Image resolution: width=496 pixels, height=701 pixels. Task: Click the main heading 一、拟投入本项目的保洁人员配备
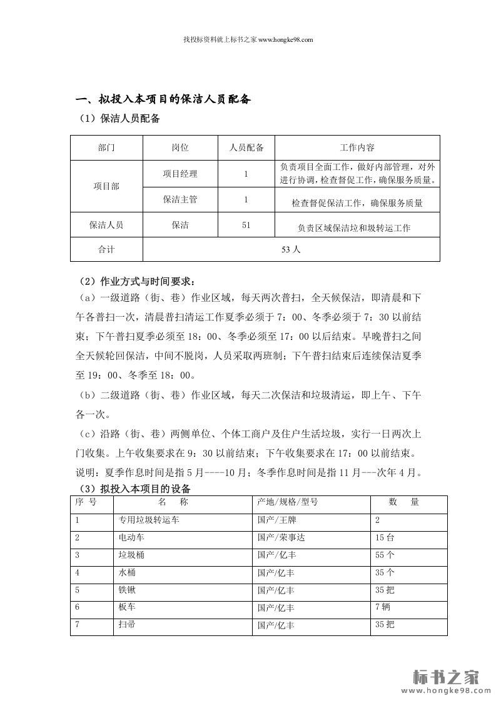click(x=163, y=99)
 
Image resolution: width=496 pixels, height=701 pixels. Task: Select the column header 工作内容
click(x=357, y=148)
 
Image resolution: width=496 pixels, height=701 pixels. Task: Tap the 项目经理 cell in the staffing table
click(x=180, y=174)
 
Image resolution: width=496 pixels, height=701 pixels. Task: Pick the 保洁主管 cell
click(x=180, y=200)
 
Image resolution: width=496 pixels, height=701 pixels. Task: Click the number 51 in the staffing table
click(x=246, y=225)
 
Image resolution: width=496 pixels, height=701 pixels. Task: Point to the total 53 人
click(x=291, y=249)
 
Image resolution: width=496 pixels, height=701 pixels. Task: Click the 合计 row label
click(x=106, y=249)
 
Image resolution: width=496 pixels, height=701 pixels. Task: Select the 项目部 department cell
click(x=106, y=186)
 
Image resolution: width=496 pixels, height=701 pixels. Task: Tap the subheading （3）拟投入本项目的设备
click(x=133, y=488)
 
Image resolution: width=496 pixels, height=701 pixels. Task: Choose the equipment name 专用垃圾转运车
click(x=148, y=520)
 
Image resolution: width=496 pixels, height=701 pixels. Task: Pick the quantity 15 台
click(x=384, y=537)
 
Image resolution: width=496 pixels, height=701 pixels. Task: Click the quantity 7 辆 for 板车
click(x=382, y=607)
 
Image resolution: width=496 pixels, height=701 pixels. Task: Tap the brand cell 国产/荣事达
click(x=281, y=537)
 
